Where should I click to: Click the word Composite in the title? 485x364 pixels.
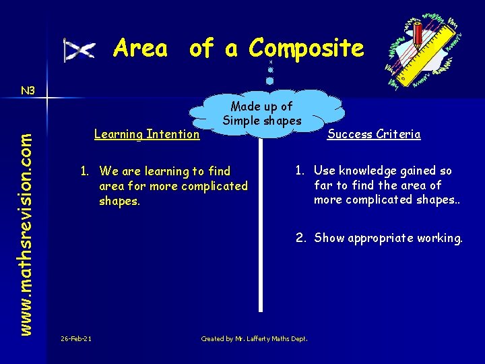306,49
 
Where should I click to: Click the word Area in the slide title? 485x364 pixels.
140,49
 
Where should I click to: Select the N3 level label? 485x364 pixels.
28,90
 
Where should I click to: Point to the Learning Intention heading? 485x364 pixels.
147,134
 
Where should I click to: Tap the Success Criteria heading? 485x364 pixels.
374,134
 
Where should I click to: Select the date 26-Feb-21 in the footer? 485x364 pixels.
76,338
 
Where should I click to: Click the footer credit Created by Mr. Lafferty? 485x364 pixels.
254,338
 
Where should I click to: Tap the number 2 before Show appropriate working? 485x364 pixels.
299,238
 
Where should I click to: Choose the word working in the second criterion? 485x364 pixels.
441,238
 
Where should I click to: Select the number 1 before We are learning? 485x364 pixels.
85,171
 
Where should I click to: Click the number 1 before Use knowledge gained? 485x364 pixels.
299,171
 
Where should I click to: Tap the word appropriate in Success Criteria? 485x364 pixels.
381,238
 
